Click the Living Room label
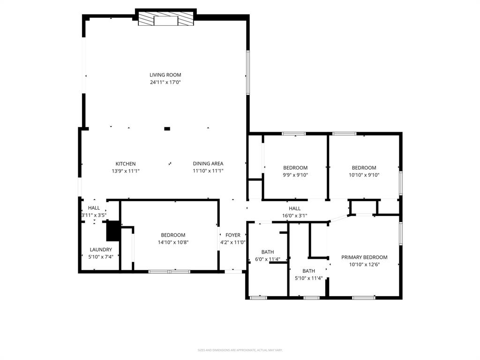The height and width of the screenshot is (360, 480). [x=165, y=75]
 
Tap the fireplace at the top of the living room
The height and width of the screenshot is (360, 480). [x=165, y=20]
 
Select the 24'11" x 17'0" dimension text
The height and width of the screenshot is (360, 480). [x=165, y=82]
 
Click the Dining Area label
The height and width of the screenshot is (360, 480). [x=208, y=164]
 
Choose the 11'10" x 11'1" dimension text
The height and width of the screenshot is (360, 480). [x=208, y=171]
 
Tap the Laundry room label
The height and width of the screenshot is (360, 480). [x=101, y=250]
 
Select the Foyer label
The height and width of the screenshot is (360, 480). [x=232, y=235]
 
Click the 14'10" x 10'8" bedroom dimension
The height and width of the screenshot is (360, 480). [x=173, y=242]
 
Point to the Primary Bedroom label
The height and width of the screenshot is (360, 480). [x=364, y=257]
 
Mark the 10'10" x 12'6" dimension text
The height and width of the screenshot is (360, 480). [x=364, y=264]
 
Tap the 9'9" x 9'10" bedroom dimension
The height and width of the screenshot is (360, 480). [x=295, y=175]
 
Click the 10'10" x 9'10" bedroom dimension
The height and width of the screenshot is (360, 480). [x=364, y=175]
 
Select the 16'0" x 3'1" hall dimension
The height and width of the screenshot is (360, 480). [x=294, y=216]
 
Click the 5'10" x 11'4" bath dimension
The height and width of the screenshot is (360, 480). [x=308, y=278]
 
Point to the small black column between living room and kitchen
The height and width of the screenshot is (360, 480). [x=167, y=128]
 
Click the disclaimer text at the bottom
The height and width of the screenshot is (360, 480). [x=240, y=350]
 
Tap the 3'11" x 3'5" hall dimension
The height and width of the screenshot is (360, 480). [x=94, y=216]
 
